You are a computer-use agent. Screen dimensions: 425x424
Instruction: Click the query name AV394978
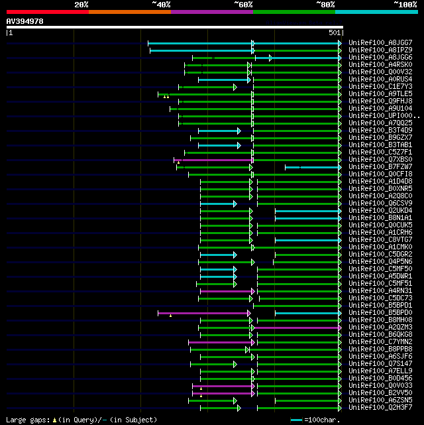pos(25,21)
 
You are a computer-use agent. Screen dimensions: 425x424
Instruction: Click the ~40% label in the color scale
pos(161,5)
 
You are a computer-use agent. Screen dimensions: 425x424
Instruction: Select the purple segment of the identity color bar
pos(211,12)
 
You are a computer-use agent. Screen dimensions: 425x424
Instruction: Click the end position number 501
pos(334,32)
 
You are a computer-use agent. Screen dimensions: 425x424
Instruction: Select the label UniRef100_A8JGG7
pos(380,42)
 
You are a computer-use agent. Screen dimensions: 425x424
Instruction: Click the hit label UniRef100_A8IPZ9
pos(380,50)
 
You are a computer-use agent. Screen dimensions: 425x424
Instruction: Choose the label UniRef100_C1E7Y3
pos(380,86)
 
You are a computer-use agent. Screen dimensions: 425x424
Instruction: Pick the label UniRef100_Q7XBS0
pos(380,159)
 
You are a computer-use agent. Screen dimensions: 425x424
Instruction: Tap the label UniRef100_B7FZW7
pos(380,166)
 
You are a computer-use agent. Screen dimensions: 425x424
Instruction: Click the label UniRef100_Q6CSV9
pos(380,203)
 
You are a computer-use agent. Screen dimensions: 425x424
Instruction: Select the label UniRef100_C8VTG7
pos(380,239)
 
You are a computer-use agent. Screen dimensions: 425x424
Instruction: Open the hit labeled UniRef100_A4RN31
pos(380,290)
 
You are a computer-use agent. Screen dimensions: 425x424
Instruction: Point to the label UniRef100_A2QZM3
pos(380,327)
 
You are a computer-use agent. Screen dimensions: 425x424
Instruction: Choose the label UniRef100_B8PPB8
pos(380,349)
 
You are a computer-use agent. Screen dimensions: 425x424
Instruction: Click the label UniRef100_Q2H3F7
pos(380,407)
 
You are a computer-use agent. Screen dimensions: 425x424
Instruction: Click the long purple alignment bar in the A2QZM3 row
pos(297,327)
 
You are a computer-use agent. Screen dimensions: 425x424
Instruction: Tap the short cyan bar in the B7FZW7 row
pos(311,166)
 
